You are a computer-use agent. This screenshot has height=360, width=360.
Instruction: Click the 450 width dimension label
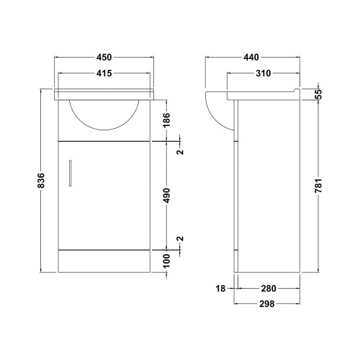(x=104, y=58)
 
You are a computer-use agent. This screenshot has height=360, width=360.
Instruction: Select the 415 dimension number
(x=104, y=73)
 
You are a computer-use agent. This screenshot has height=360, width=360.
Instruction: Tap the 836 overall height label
(x=41, y=180)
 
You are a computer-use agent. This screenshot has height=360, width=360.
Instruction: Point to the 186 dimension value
(x=166, y=120)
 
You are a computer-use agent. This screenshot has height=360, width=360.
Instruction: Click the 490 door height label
(x=166, y=195)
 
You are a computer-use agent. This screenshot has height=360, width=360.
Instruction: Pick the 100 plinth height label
(x=166, y=261)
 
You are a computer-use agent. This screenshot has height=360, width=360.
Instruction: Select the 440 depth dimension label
(x=251, y=58)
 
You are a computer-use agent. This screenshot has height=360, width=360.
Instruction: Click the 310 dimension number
(x=264, y=73)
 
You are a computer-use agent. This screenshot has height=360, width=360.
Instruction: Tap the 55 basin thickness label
(x=318, y=94)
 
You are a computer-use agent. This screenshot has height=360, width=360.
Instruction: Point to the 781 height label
(x=318, y=186)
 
